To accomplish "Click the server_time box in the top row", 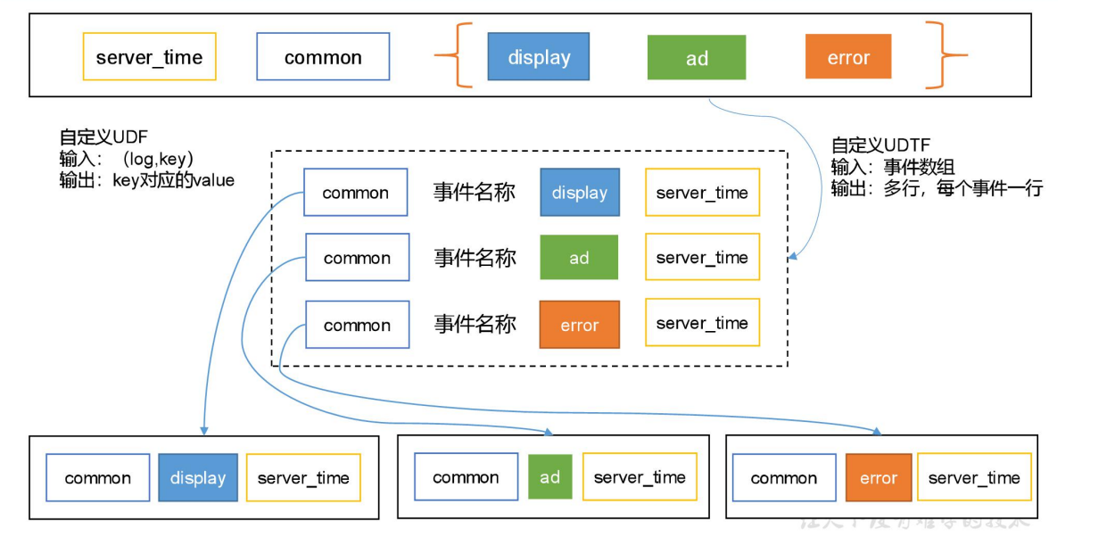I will click(x=149, y=57).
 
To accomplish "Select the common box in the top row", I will click(x=323, y=57).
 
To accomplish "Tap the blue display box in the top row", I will click(x=539, y=57).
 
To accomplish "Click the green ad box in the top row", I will click(x=697, y=58).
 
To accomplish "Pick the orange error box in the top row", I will click(x=847, y=57).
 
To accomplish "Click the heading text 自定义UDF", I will click(x=103, y=137).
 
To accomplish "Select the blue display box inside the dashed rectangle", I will click(x=579, y=193).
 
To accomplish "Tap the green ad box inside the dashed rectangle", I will click(x=579, y=258).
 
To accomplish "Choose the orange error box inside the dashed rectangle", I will click(x=579, y=325).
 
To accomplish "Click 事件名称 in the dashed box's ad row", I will click(x=475, y=258).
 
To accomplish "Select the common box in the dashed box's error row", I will click(x=357, y=325).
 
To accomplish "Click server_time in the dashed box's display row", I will click(x=702, y=193).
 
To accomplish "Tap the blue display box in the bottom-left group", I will click(x=197, y=478).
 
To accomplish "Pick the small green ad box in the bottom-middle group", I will click(x=549, y=477).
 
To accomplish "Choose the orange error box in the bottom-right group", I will click(x=878, y=478).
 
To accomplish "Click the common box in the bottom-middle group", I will click(x=466, y=477).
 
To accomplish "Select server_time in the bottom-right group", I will click(x=974, y=478).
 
